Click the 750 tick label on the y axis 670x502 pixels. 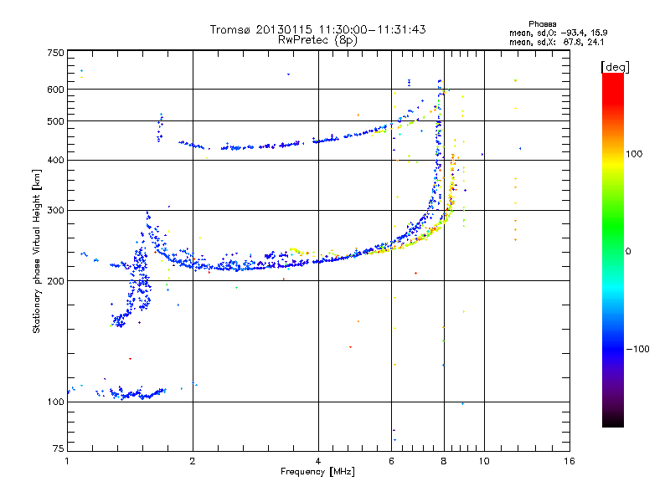pos(55,53)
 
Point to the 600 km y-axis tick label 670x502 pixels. pos(55,89)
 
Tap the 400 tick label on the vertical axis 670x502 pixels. pos(55,160)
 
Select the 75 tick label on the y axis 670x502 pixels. pos(58,451)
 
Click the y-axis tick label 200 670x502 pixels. pos(55,280)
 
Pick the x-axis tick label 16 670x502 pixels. pos(569,461)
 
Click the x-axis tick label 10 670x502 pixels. pos(482,461)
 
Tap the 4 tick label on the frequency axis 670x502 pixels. pos(318,461)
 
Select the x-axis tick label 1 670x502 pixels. pos(67,461)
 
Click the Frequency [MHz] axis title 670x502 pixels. pos(317,472)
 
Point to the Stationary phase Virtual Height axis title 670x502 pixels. pos(37,252)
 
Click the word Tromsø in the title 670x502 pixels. pos(230,29)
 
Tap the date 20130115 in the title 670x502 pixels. pos(289,29)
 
